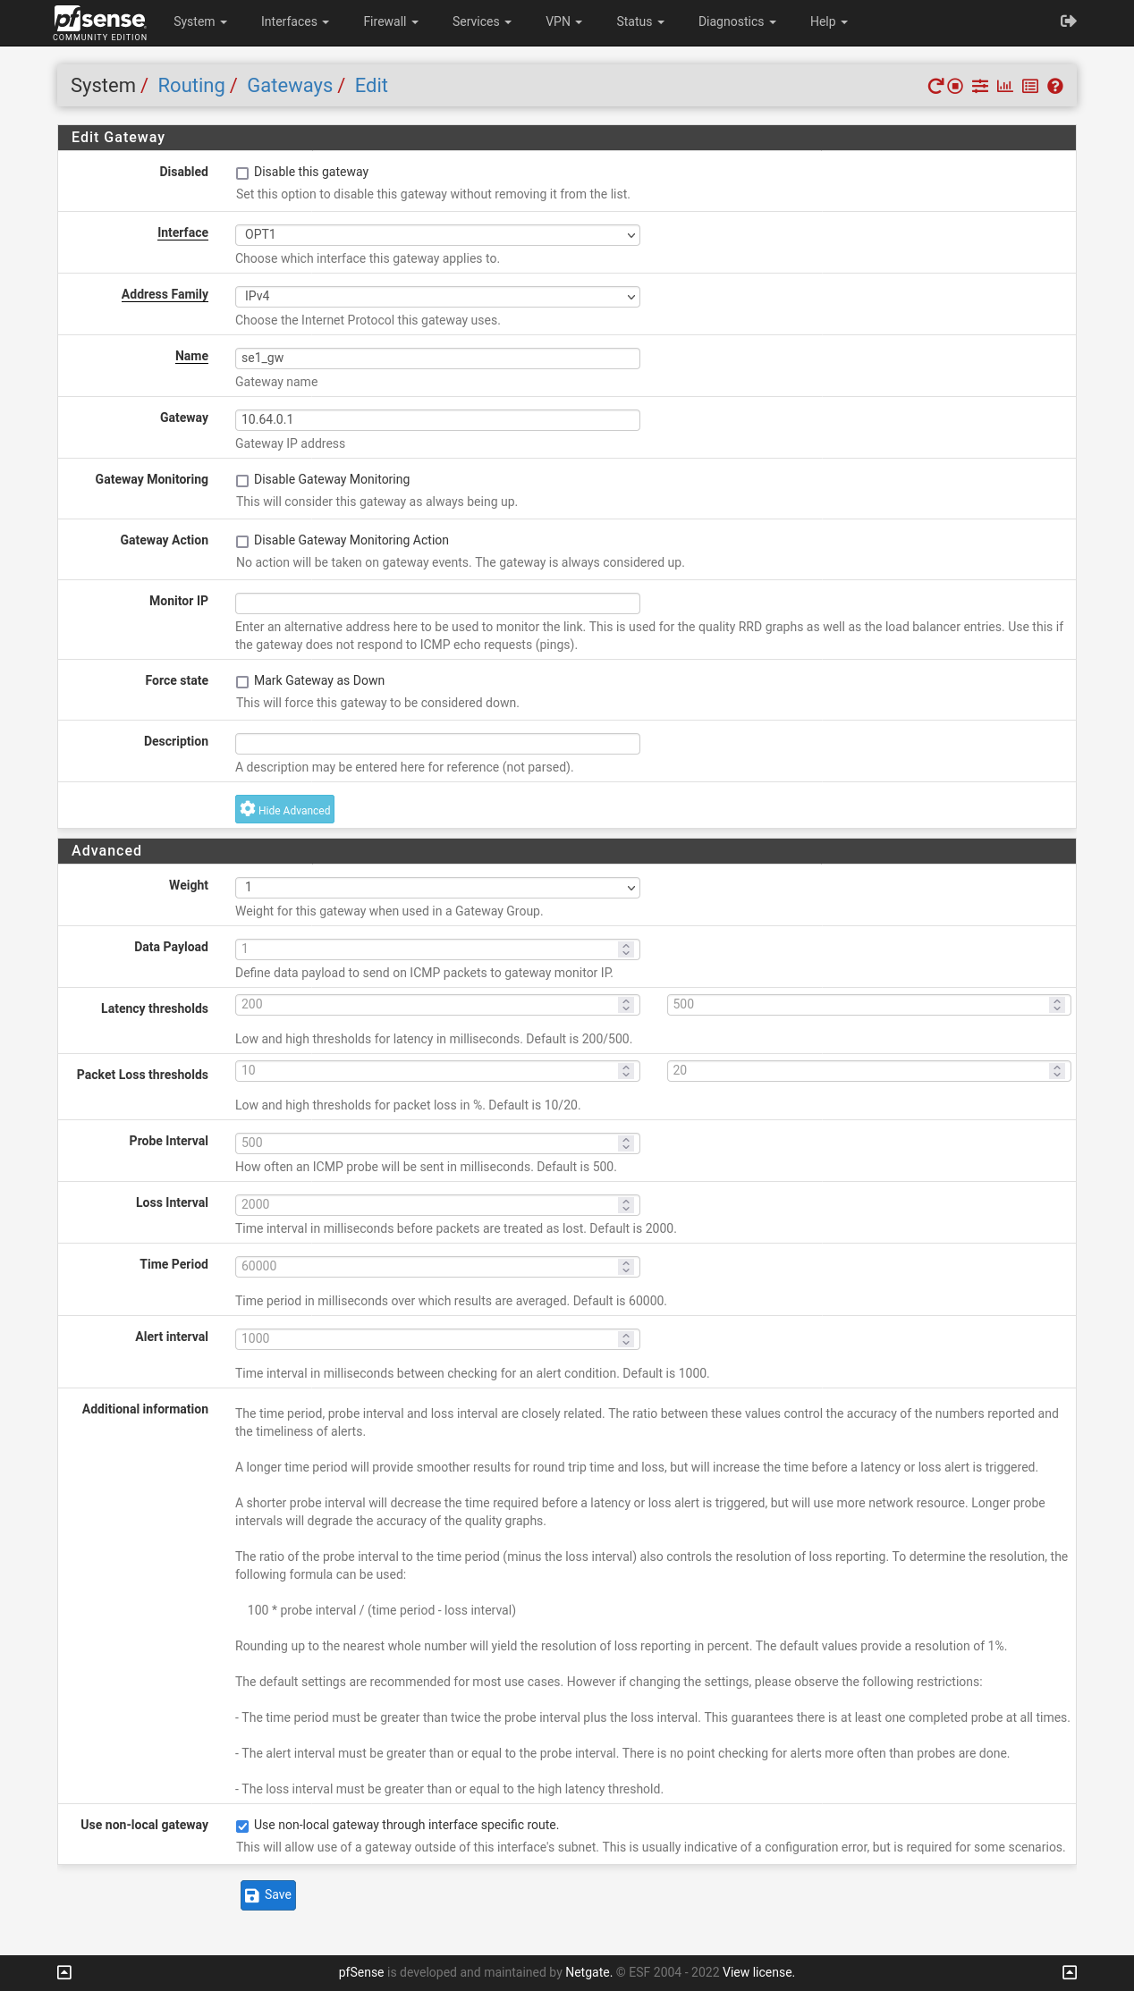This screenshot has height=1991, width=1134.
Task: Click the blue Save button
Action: point(267,1894)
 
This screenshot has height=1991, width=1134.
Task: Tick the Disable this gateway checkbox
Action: point(242,173)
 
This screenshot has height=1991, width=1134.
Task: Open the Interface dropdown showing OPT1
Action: point(437,234)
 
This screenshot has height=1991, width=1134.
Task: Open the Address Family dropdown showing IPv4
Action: point(437,296)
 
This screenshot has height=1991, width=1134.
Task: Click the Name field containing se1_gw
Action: point(437,358)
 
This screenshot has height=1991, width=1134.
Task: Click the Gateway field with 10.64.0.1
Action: point(437,419)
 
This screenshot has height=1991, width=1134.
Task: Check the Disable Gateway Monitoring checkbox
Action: point(242,481)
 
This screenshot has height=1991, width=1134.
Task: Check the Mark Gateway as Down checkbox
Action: point(242,682)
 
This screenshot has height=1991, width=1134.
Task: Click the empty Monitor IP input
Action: point(437,603)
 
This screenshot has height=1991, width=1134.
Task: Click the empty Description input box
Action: point(437,743)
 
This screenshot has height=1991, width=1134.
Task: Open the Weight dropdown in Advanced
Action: point(437,887)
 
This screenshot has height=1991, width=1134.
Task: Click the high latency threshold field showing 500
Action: point(859,1004)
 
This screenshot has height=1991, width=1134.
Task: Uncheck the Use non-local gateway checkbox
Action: point(242,1826)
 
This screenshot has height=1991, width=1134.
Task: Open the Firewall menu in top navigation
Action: point(390,21)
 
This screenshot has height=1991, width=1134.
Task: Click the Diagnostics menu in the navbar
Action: point(736,21)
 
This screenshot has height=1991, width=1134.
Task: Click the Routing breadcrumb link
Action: point(191,86)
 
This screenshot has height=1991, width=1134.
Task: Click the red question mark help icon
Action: point(1055,86)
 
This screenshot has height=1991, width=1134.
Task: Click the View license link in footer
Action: point(758,1972)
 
